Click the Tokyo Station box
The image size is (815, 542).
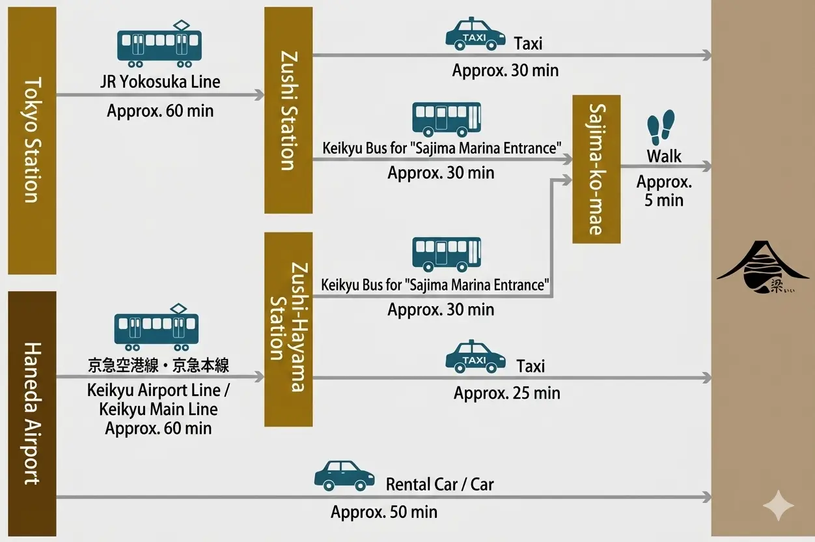[32, 140]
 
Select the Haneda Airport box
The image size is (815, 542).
[32, 413]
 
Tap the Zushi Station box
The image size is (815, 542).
[288, 109]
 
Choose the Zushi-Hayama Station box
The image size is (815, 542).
[288, 329]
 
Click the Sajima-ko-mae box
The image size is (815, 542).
[596, 169]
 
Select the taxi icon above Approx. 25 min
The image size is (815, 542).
[475, 356]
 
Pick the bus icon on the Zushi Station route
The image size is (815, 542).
[447, 119]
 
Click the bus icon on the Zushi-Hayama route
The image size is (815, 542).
[447, 254]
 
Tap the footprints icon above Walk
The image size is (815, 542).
[661, 127]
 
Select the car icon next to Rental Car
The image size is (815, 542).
[344, 476]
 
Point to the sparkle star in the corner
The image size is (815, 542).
[779, 506]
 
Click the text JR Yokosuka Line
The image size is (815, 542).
[160, 82]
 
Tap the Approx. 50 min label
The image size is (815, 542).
[384, 513]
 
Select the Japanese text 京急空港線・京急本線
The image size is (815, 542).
[158, 365]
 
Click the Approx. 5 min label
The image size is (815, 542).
[664, 192]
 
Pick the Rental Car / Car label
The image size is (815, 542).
[439, 485]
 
